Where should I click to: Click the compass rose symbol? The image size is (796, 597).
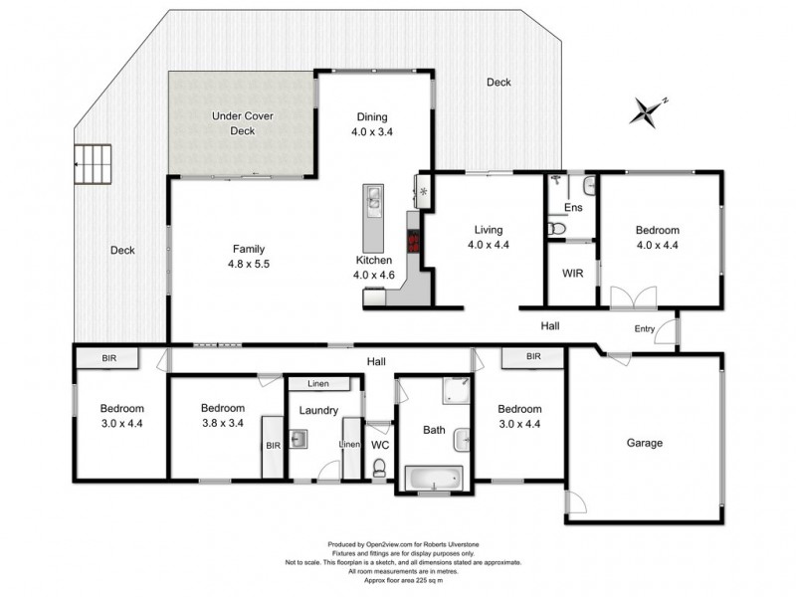click(651, 109)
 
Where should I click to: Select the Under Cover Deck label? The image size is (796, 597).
click(243, 123)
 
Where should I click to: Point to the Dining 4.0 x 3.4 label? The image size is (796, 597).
click(373, 123)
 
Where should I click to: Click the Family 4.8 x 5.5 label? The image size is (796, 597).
click(249, 257)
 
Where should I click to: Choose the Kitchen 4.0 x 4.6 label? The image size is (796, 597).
click(375, 267)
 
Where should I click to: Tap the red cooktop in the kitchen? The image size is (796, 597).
click(411, 242)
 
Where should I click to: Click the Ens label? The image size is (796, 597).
click(572, 207)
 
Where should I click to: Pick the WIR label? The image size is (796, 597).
click(572, 272)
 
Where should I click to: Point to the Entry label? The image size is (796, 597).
click(646, 329)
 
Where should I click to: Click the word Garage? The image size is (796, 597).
click(645, 443)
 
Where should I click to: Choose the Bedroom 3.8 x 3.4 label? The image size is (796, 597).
click(222, 415)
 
